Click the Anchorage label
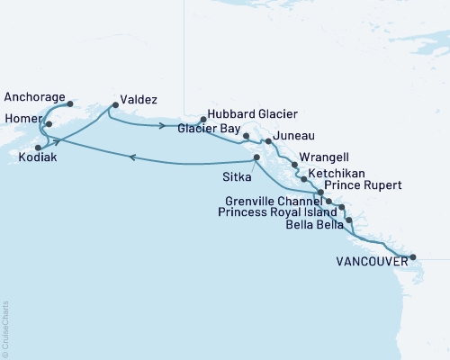tap(34, 94)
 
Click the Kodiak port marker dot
tap(38, 148)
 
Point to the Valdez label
tap(139, 103)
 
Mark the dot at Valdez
tap(114, 104)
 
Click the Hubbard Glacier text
tap(251, 114)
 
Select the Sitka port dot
tap(257, 158)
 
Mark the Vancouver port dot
tap(413, 257)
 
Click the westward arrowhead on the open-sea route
tap(133, 158)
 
